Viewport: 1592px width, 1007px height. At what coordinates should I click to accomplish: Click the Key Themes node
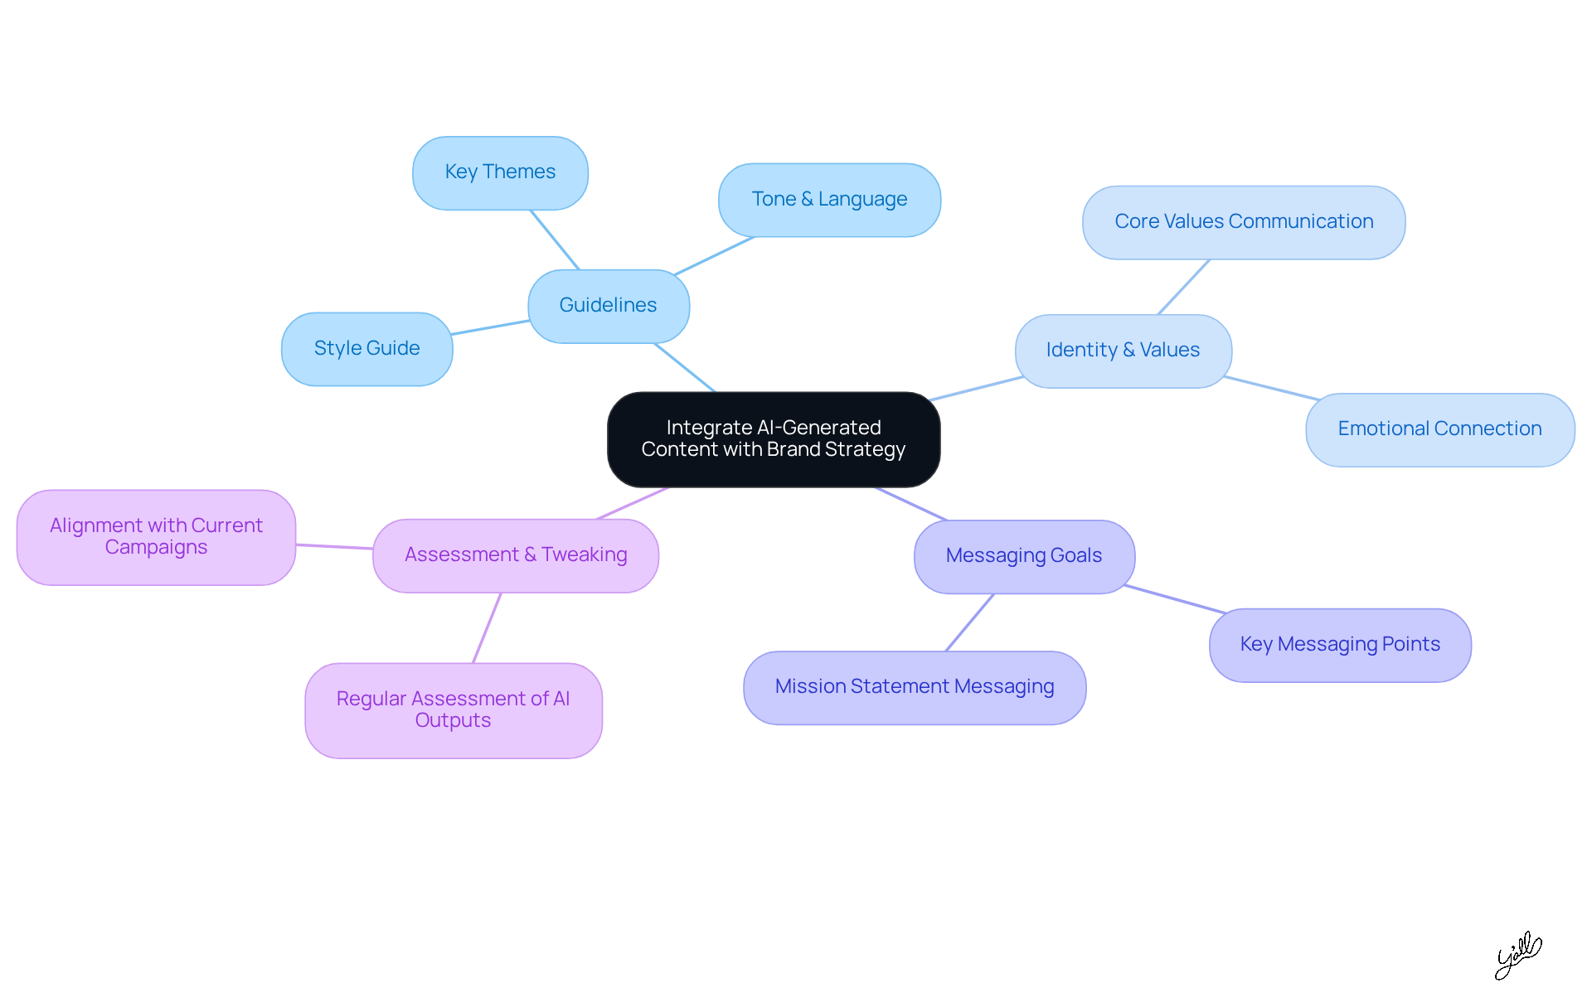tap(500, 172)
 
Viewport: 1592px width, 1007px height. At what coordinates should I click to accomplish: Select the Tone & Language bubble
tap(829, 200)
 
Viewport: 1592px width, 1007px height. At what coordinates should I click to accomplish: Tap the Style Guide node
tap(366, 349)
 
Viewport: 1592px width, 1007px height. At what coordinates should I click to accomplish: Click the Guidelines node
tap(608, 306)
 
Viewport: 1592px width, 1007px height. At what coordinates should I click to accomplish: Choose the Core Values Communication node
tap(1243, 222)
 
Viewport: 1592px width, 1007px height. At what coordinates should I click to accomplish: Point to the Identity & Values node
tap(1123, 351)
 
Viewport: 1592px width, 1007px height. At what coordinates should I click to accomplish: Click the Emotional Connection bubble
tap(1439, 429)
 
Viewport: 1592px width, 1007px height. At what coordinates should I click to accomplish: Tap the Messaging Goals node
tap(1024, 556)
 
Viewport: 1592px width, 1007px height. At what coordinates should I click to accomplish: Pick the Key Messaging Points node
tap(1340, 645)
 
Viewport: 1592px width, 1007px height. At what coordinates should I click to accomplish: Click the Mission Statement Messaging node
tap(915, 687)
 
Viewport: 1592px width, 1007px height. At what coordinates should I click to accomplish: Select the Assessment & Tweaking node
tap(516, 555)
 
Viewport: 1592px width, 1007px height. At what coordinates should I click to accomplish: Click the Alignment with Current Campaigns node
tap(156, 537)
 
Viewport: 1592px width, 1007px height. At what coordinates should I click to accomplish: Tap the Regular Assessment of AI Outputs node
tap(453, 710)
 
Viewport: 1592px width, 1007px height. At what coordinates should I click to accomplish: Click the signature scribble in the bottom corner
tap(1517, 955)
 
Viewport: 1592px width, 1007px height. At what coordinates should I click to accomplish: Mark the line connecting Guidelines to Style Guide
tap(491, 327)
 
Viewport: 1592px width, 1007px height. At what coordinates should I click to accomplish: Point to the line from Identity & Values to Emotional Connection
tap(1270, 388)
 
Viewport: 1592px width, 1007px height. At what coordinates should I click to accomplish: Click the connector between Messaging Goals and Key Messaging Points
tap(1175, 599)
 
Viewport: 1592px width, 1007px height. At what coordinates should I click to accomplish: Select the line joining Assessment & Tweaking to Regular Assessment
tap(487, 628)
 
